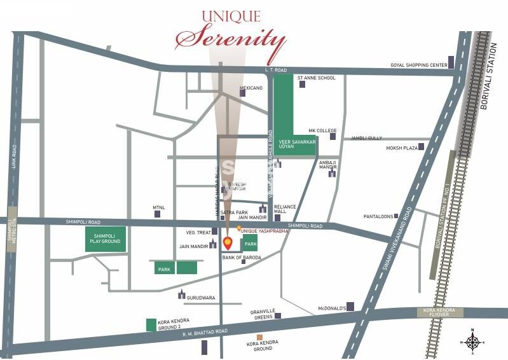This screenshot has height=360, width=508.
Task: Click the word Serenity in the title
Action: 230,39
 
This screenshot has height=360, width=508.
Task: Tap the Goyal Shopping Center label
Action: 418,66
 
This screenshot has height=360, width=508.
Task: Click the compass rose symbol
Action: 472,342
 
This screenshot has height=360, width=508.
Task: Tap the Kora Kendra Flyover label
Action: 439,312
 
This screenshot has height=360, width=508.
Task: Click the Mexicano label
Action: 251,88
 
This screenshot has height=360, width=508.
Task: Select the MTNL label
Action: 159,207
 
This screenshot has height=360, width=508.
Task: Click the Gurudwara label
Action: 202,297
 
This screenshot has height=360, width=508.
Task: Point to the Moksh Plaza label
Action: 401,148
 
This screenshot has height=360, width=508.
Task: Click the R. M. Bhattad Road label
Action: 205,332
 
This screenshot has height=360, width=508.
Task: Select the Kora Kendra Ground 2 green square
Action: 151,324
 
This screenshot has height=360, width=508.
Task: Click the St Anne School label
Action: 317,78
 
